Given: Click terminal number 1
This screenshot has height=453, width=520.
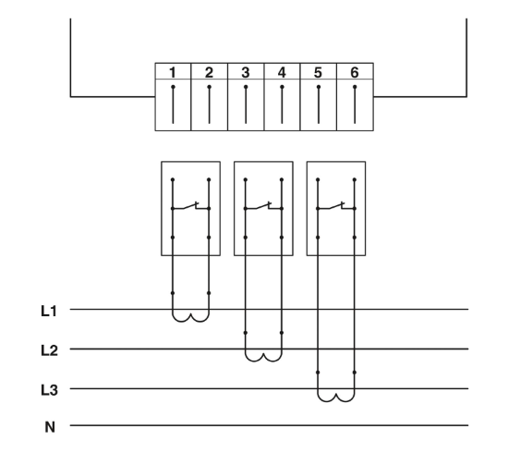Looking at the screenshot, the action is [x=173, y=72].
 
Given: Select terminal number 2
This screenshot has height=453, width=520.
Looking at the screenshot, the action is [x=209, y=72].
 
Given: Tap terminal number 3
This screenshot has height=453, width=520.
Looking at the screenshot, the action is [x=246, y=72].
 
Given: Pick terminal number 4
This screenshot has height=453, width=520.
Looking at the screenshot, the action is [x=282, y=72].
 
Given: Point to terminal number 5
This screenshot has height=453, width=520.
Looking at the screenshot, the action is [x=318, y=72].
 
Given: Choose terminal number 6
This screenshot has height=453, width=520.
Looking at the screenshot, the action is [x=355, y=72].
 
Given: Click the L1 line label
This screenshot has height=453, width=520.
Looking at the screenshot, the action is [x=49, y=312].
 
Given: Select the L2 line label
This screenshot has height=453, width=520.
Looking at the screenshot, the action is [x=49, y=350].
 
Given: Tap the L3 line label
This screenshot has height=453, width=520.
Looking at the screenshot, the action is [x=49, y=390].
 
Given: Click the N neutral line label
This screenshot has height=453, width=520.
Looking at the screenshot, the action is [x=50, y=427].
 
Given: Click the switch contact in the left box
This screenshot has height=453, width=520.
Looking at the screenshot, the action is [x=190, y=206].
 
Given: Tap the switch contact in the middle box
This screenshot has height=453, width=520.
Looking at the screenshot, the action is [x=263, y=206].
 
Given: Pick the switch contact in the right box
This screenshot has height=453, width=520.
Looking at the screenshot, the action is [x=336, y=206].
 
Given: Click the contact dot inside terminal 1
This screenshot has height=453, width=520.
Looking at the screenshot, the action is [x=173, y=87].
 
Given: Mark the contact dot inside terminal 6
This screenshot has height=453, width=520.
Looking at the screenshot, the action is [x=355, y=87].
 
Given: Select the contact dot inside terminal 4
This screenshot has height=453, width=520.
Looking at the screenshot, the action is [x=282, y=87].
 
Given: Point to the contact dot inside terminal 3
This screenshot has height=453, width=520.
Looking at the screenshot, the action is [x=246, y=87].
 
